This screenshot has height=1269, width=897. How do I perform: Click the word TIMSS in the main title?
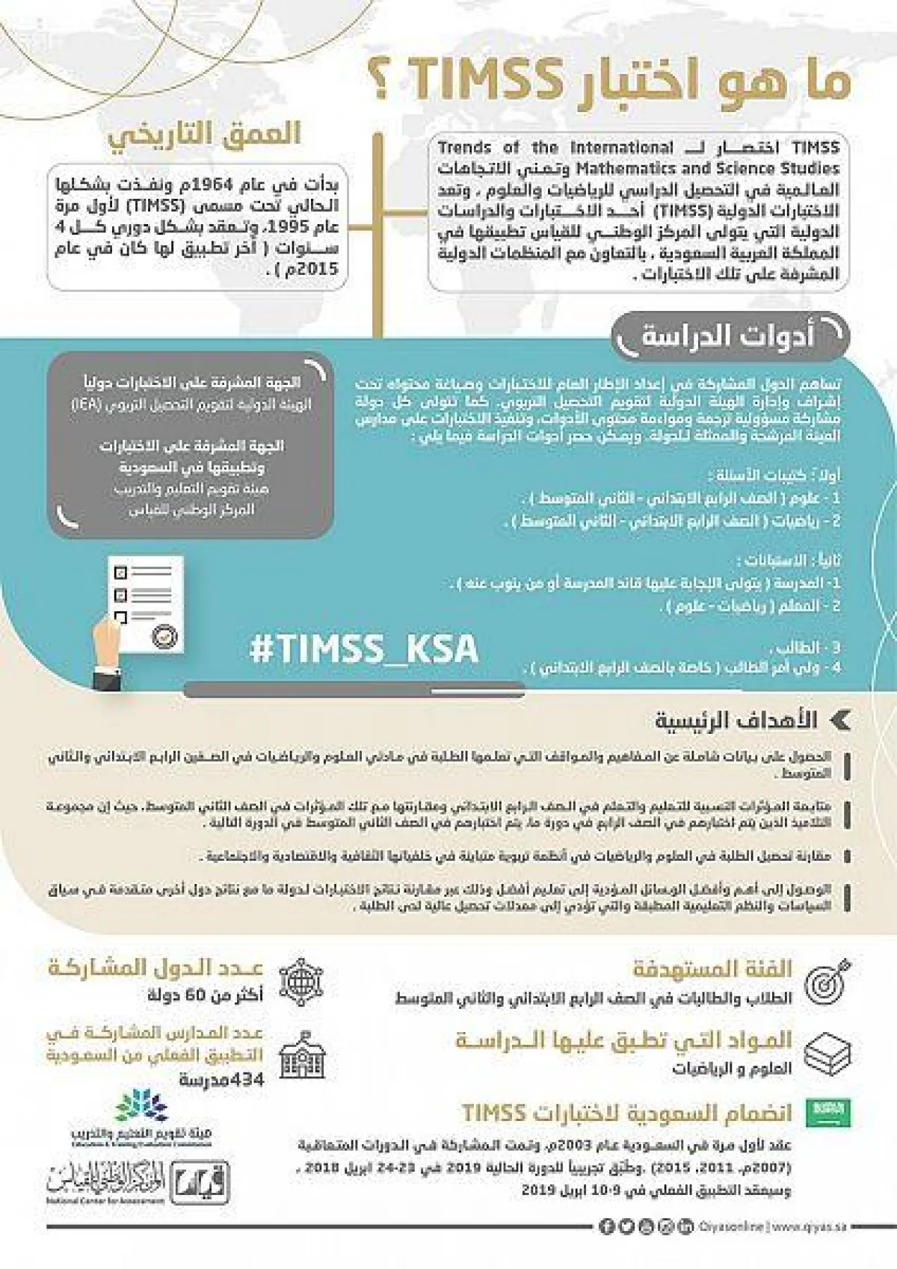[485, 80]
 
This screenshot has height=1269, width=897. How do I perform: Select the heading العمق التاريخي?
[204, 135]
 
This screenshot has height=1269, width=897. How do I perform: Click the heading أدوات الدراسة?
[727, 336]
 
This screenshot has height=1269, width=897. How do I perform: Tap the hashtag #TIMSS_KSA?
[363, 648]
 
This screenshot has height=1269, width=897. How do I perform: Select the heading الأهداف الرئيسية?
[736, 720]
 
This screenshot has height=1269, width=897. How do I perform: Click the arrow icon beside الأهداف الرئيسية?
[841, 720]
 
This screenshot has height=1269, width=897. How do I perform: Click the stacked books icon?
[827, 1054]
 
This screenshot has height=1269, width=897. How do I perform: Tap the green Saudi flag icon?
[829, 1112]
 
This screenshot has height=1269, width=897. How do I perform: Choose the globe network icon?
[301, 981]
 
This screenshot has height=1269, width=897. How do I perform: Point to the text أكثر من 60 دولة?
[206, 995]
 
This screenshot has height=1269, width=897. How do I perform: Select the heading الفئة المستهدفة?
[712, 969]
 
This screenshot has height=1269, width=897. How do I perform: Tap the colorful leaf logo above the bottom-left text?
[141, 1106]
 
